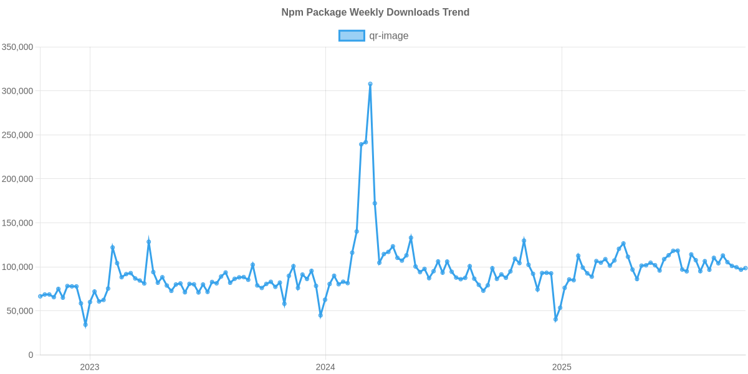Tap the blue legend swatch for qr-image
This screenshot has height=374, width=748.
click(x=351, y=36)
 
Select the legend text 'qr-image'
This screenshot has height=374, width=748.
click(x=388, y=36)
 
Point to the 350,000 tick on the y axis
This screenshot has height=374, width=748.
click(x=17, y=47)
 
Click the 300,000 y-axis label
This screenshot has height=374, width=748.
click(x=17, y=91)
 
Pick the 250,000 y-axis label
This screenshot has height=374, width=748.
click(x=17, y=135)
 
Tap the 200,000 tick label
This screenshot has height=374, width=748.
click(x=17, y=179)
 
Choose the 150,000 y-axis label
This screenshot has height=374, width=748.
click(x=17, y=223)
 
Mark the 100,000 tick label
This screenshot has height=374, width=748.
click(x=17, y=267)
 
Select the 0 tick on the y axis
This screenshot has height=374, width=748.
click(x=31, y=355)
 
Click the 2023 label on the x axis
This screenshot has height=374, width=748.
click(x=90, y=367)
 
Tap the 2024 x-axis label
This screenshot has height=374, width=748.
click(x=325, y=367)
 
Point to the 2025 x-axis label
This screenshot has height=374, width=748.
click(x=562, y=367)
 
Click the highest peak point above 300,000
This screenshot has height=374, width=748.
click(x=370, y=84)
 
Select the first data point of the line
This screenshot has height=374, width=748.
click(x=40, y=296)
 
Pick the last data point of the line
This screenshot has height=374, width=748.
click(x=745, y=267)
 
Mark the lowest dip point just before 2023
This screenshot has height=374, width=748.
click(x=85, y=325)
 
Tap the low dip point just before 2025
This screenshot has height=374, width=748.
click(x=555, y=320)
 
